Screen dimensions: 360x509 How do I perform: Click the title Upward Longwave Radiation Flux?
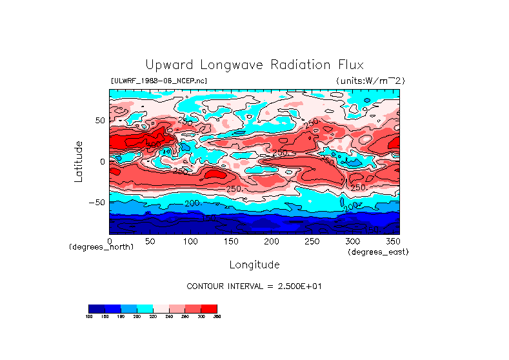[254, 65]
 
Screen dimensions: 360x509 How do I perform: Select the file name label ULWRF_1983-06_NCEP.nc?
[159, 81]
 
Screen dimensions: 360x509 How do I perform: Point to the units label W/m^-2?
[370, 81]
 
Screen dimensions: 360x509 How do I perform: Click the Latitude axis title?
[78, 161]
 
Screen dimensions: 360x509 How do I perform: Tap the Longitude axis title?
[254, 265]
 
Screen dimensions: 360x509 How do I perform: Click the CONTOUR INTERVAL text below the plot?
[254, 286]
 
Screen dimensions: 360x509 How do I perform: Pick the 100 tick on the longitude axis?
[190, 241]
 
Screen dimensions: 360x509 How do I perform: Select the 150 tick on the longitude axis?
[230, 241]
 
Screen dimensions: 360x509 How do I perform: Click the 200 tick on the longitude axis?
[271, 241]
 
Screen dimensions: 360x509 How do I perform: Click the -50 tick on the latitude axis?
[97, 202]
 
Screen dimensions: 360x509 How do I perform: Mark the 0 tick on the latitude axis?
[102, 161]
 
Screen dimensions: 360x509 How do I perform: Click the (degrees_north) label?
[101, 247]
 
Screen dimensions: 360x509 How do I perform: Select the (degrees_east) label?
[378, 252]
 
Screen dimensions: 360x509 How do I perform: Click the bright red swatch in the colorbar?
[209, 308]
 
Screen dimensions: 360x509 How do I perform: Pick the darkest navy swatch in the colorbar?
[96, 308]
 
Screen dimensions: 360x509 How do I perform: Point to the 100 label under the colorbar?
[89, 317]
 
